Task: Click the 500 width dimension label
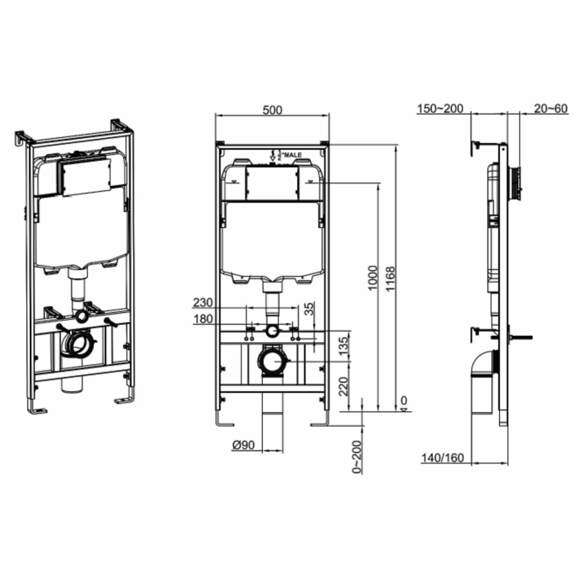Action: (272, 110)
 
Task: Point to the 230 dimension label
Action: (203, 303)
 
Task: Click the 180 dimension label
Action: (203, 319)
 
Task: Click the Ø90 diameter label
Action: (243, 446)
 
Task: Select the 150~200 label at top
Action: (440, 108)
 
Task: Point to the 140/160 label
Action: (442, 458)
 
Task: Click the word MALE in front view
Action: (293, 154)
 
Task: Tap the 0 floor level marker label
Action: (404, 400)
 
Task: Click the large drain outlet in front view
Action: (271, 361)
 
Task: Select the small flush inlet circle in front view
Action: (271, 331)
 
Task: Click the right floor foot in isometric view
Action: (124, 399)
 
